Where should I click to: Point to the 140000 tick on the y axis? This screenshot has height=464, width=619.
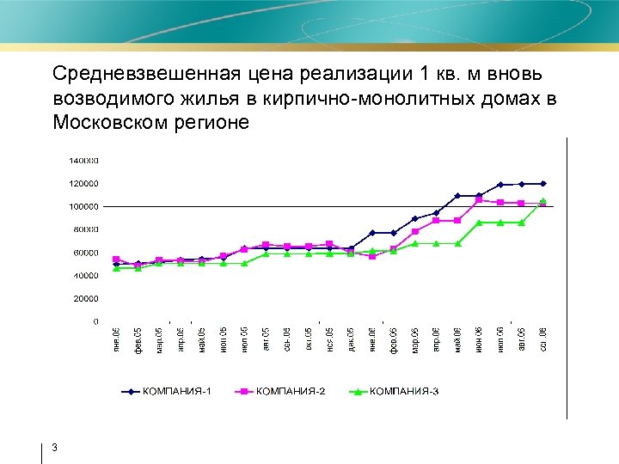coord(83,161)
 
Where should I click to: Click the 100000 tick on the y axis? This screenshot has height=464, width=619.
coord(83,206)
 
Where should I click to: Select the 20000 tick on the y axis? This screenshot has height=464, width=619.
coord(86,299)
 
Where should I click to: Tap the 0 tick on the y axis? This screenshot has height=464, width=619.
coord(95,322)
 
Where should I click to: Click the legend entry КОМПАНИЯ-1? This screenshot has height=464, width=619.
coord(177,391)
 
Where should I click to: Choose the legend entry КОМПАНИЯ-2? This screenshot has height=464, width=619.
coord(291,391)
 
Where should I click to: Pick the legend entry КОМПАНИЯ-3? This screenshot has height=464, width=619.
coord(404,391)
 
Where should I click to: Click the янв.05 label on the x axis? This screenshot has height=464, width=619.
coord(116,339)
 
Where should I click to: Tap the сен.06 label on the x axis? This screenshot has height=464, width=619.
coord(542,339)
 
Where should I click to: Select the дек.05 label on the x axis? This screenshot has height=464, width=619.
coord(351,339)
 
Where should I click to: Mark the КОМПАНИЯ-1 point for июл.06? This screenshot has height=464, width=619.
coord(500,185)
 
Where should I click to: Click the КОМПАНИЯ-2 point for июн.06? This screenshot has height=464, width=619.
coord(479,200)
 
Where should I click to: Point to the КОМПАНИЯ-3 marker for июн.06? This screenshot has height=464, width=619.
coord(479,223)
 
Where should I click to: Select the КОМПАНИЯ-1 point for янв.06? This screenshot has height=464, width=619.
coord(372,233)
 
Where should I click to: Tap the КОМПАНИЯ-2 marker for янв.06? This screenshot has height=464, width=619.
coord(372,256)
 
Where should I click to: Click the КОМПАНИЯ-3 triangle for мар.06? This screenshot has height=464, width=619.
coord(414,243)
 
